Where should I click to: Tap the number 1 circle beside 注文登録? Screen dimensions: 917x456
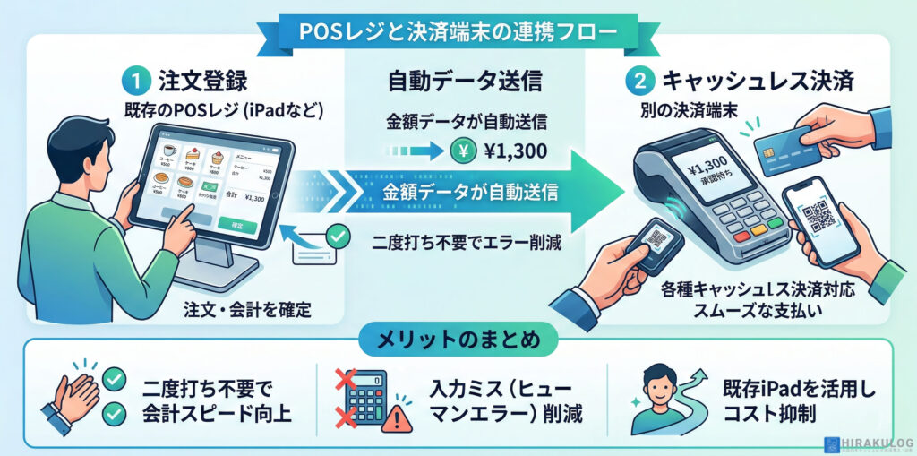(132, 81)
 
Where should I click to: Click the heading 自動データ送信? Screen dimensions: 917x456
(464, 82)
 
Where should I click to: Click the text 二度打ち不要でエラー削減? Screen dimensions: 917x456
(466, 242)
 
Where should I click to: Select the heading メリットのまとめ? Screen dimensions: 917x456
(458, 341)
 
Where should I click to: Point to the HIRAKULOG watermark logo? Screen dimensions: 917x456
(866, 444)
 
